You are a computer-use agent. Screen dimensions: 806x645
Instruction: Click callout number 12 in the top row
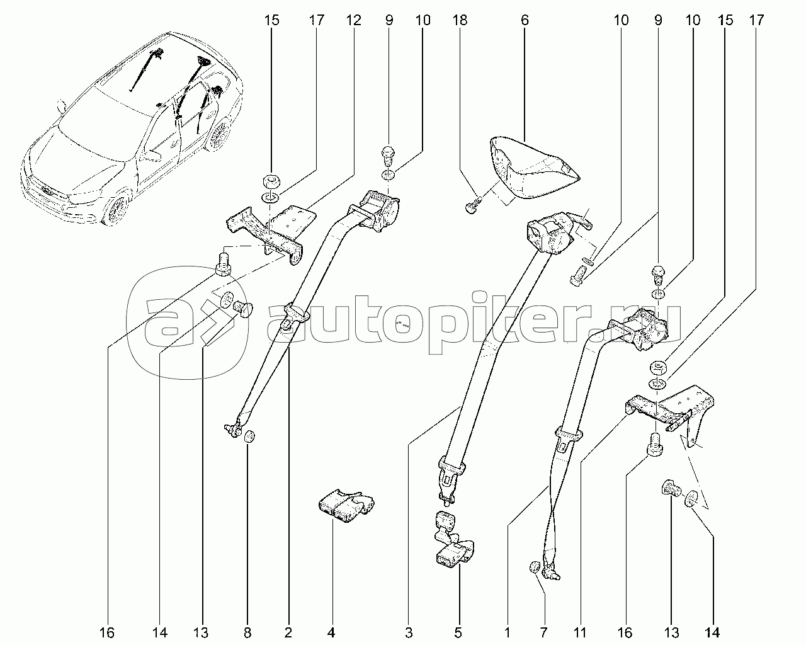pyautogui.click(x=353, y=20)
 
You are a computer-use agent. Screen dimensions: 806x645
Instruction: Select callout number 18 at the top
pyautogui.click(x=460, y=20)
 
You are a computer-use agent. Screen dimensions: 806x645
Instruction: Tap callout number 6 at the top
pyautogui.click(x=525, y=20)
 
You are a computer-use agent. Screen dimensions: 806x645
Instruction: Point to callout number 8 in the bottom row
pyautogui.click(x=247, y=633)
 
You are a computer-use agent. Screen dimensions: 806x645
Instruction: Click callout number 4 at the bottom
pyautogui.click(x=331, y=633)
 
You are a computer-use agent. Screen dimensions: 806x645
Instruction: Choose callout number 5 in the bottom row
pyautogui.click(x=458, y=633)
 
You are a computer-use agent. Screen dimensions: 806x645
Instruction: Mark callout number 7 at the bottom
pyautogui.click(x=543, y=633)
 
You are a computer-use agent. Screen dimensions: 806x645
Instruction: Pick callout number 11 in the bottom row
pyautogui.click(x=579, y=633)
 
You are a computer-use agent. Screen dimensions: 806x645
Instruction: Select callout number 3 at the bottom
pyautogui.click(x=409, y=633)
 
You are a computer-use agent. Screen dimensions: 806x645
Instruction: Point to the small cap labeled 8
pyautogui.click(x=250, y=437)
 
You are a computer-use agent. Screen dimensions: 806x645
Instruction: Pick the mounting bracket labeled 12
pyautogui.click(x=270, y=233)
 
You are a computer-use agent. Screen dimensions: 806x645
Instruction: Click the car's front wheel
pyautogui.click(x=118, y=209)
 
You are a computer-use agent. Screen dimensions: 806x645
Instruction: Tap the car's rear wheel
pyautogui.click(x=219, y=135)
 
